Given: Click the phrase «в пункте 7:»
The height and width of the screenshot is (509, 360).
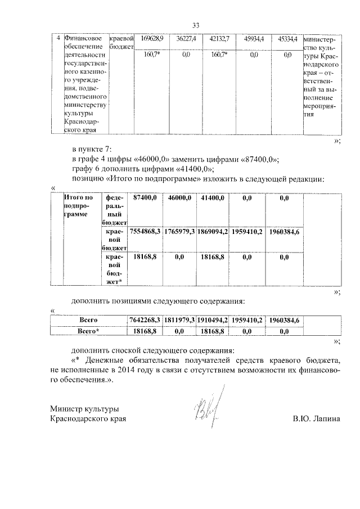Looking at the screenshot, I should coord(92,150).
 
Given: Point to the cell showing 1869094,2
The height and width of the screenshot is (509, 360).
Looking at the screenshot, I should coord(213,232).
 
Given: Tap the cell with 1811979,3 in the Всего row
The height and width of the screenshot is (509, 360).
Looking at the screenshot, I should coord(180,320).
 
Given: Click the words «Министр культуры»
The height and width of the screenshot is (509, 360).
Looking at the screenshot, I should coord(84,409).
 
